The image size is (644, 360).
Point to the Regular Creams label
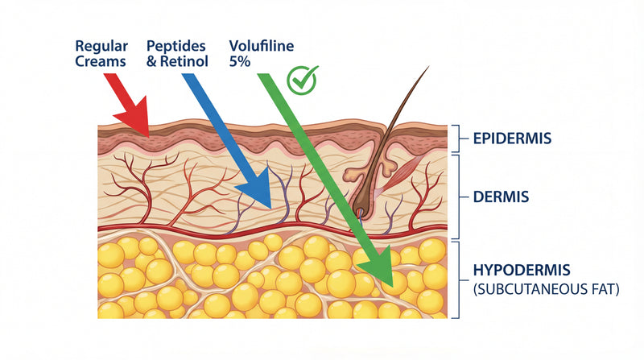[101, 53]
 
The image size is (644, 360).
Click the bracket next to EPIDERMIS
[458, 138]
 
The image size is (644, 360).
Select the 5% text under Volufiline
[239, 60]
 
